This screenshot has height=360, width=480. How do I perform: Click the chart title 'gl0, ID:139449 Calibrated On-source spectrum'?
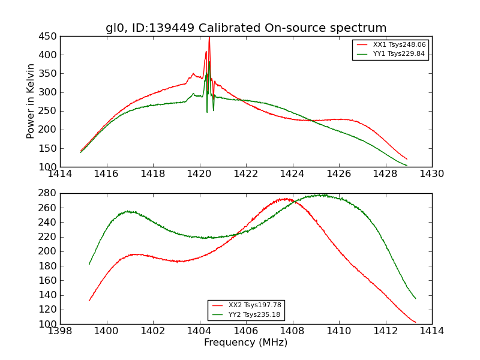pos(246,28)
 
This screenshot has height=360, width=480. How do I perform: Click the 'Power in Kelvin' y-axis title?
pos(31,101)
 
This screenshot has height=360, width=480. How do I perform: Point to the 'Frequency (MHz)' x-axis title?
pos(246,343)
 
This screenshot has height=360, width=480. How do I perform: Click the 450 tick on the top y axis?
pos(49,36)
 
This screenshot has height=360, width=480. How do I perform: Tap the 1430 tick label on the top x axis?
pos(431,174)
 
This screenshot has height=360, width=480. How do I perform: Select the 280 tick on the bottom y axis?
pos(49,193)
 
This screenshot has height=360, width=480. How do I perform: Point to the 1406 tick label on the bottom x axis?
pos(246,331)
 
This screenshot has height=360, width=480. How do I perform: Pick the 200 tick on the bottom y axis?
pos(49,251)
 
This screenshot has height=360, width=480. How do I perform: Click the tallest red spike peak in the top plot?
pos(209,38)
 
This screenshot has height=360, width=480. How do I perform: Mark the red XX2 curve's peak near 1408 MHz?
pos(284,199)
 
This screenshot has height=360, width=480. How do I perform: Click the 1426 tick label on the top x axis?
pos(339,174)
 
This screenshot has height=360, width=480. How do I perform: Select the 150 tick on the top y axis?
pos(49,148)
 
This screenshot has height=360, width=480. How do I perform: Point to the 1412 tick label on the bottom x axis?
pos(385,331)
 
